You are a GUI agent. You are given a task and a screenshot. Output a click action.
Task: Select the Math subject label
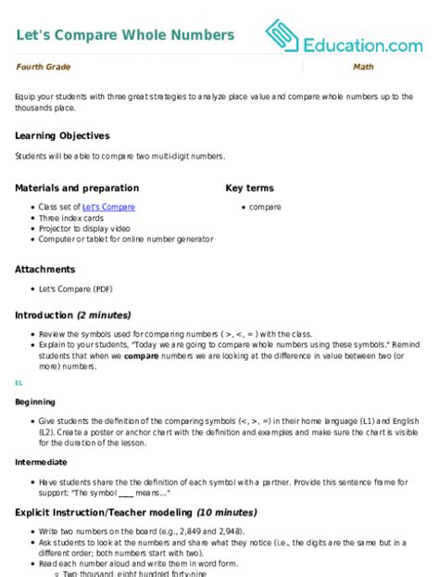(363, 68)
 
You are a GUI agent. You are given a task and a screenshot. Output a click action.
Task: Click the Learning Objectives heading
(62, 135)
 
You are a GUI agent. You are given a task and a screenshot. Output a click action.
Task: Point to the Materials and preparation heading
(77, 187)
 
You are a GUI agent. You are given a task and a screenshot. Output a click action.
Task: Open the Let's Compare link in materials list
(108, 207)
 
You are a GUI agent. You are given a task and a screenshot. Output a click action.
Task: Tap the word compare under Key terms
(265, 207)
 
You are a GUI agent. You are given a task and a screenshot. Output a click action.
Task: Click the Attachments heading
(44, 270)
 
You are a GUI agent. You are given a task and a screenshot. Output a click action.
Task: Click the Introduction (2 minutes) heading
(72, 314)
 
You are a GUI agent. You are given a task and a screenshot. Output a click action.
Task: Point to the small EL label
(19, 381)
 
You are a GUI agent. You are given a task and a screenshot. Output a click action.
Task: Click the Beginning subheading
(33, 403)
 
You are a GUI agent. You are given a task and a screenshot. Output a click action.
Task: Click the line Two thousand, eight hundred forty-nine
(120, 572)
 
